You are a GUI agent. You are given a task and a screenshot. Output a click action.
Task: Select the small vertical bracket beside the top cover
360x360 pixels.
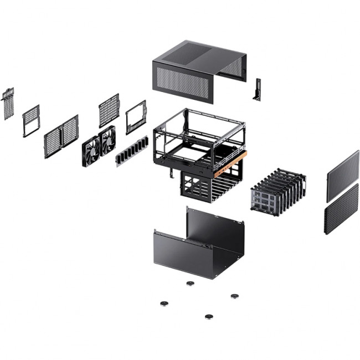(257, 90)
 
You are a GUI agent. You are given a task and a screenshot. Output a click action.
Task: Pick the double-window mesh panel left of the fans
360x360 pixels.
(61, 136)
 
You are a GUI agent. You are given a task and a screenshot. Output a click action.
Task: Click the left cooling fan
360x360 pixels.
(91, 149)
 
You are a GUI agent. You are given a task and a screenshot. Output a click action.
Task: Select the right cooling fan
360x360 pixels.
(107, 140)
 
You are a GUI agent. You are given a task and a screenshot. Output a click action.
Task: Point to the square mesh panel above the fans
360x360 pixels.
(109, 111)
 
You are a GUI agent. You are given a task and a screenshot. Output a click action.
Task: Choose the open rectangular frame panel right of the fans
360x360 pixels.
(136, 117)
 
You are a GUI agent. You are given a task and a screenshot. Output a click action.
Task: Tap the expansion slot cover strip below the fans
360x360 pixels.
(132, 151)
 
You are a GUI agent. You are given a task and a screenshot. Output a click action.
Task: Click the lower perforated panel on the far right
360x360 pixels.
(341, 209)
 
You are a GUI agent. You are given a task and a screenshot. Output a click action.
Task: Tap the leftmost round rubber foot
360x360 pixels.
(164, 303)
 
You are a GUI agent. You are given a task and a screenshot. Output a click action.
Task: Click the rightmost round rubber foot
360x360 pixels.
(234, 296)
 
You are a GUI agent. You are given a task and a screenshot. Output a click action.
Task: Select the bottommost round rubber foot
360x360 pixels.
(209, 317)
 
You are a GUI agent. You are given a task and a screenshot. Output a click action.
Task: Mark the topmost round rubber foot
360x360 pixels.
(191, 283)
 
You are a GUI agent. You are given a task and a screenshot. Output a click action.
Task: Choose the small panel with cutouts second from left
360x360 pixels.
(31, 120)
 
